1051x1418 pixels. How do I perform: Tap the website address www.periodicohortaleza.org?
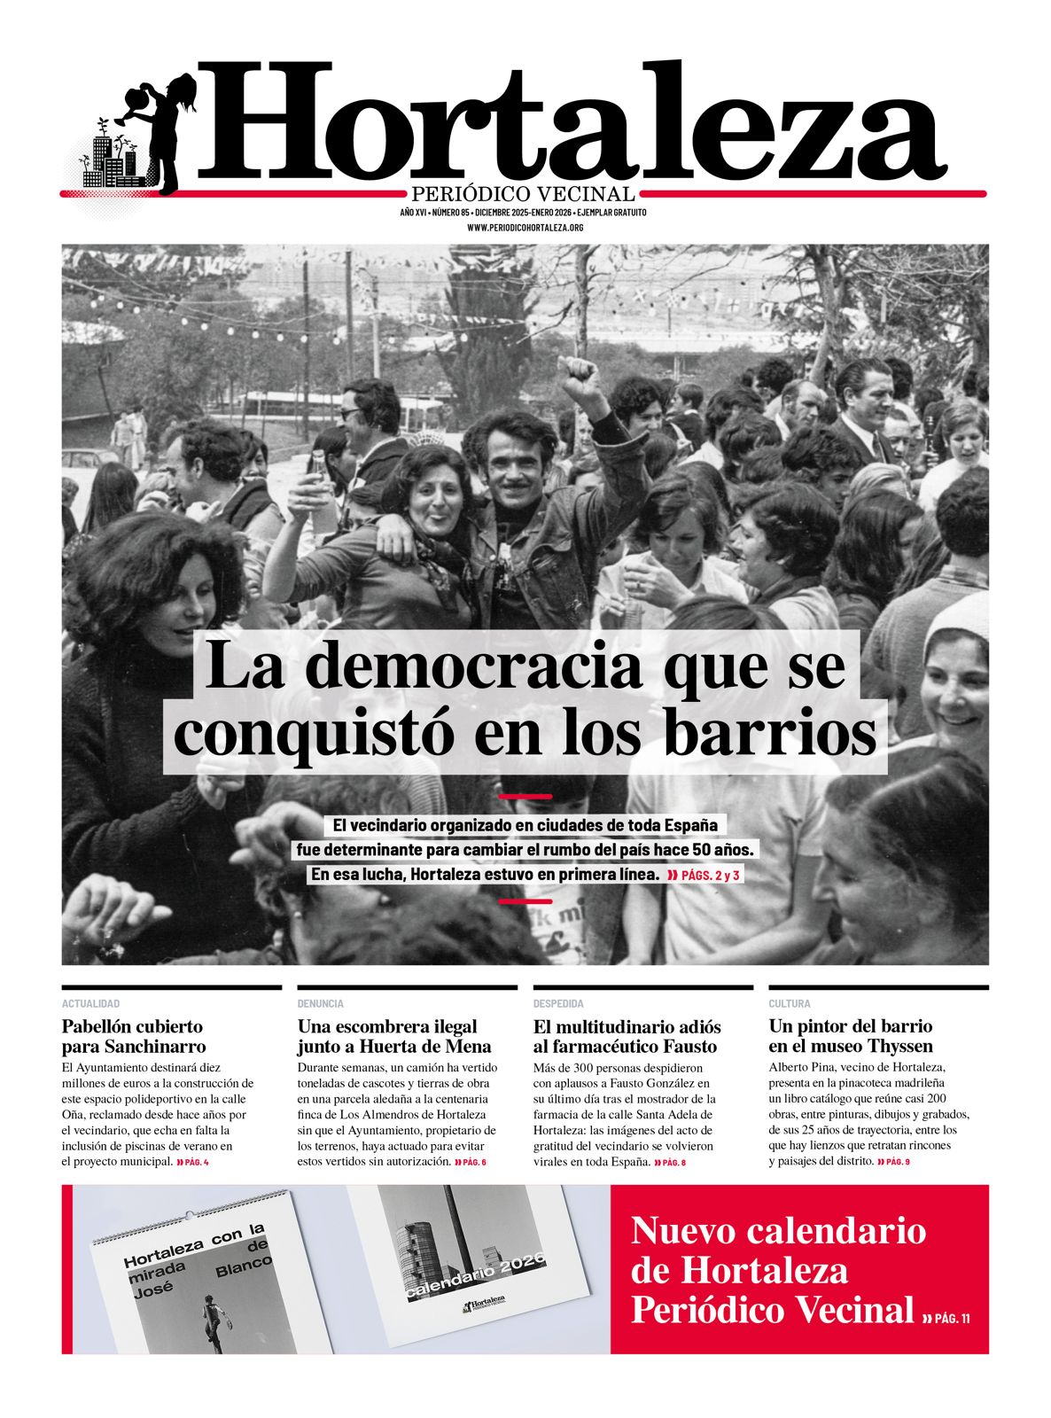(525, 228)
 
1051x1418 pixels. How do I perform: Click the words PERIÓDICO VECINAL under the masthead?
(524, 194)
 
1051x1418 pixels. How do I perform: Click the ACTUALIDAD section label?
(90, 1003)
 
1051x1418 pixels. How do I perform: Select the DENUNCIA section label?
(321, 1003)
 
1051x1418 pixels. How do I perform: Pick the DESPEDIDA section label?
(558, 1003)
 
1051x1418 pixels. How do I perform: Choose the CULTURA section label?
(790, 1003)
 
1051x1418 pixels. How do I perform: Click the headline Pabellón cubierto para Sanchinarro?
(133, 1036)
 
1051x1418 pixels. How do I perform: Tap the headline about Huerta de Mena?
(394, 1036)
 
